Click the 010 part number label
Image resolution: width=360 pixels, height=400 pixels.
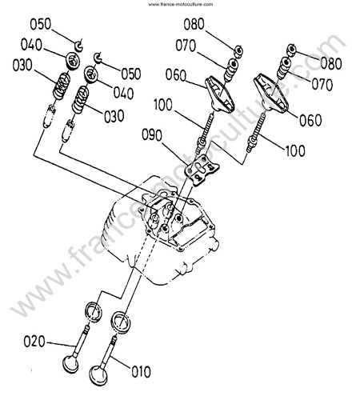(141, 371)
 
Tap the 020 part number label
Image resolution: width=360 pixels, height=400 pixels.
(34, 342)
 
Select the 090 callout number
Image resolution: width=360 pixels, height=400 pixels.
(152, 135)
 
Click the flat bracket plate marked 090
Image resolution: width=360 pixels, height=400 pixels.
(202, 170)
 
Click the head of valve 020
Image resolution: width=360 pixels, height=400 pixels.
(70, 363)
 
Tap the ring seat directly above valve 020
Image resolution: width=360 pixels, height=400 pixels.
(94, 312)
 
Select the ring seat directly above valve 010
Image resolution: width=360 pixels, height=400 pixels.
(120, 322)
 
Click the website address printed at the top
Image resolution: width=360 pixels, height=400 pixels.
(181, 4)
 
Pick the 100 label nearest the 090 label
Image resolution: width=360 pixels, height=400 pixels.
(163, 105)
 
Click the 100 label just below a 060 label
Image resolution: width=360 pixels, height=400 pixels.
(295, 150)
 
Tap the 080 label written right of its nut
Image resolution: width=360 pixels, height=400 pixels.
(331, 64)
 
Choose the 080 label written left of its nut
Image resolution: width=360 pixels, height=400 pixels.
(194, 24)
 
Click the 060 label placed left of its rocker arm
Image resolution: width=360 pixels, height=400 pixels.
(176, 75)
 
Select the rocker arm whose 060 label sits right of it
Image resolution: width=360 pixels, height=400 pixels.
(270, 94)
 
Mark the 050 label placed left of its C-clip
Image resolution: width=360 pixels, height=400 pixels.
(40, 24)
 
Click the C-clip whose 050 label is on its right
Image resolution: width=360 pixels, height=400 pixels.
(98, 58)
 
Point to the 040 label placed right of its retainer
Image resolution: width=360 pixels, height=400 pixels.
(123, 94)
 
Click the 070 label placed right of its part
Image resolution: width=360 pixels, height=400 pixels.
(322, 85)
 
